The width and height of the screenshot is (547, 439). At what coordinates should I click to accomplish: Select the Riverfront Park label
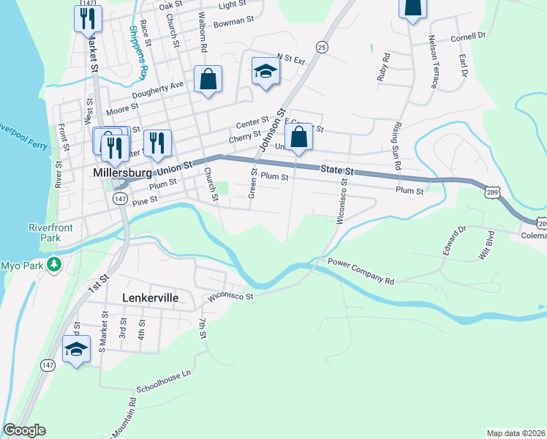[51, 233]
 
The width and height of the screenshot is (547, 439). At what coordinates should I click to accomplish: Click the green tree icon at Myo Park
[53, 264]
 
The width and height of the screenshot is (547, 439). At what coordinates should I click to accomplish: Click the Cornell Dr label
[469, 36]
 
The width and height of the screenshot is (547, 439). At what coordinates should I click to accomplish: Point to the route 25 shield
[322, 47]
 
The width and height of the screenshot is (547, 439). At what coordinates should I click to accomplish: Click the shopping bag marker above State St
[298, 137]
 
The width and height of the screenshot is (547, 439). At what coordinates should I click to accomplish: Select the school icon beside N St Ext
[265, 72]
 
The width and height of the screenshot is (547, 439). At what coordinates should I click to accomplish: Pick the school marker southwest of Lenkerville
[77, 350]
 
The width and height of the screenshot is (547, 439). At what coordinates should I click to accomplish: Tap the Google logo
[24, 430]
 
